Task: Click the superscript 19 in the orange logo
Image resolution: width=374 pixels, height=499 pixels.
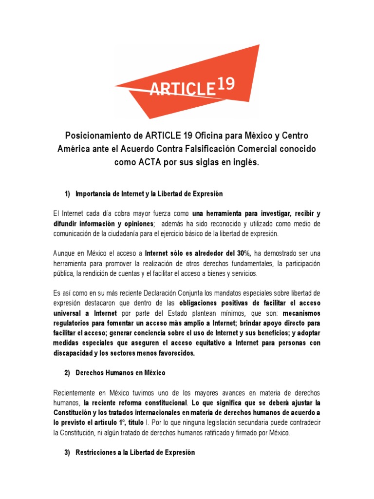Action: pos(224,84)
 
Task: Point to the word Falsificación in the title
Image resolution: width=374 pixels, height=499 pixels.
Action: pos(227,148)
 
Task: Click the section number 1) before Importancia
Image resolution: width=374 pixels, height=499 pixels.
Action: pos(68,194)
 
